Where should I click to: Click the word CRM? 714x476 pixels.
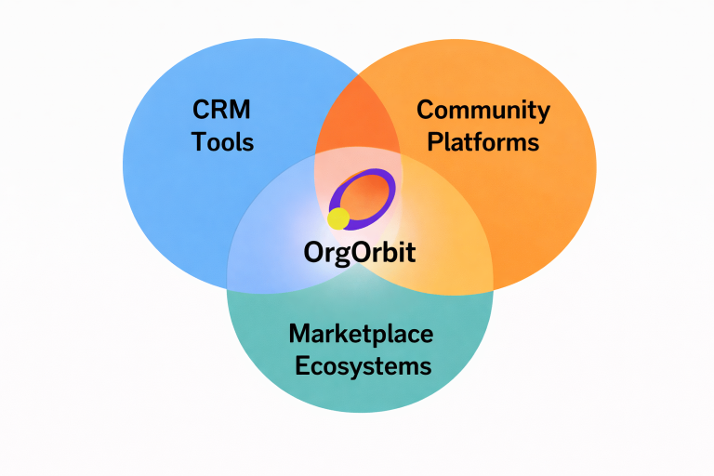(222, 111)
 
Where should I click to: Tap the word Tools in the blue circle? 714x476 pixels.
(223, 142)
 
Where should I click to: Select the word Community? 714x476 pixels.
(483, 111)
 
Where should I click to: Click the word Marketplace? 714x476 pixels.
(361, 334)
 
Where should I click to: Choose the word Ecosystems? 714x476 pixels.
(363, 365)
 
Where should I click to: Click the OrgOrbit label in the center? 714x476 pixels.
(360, 252)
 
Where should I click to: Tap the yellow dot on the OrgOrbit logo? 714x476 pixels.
(338, 218)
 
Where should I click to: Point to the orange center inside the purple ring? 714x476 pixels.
(364, 196)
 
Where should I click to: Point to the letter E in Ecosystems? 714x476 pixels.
(302, 365)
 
